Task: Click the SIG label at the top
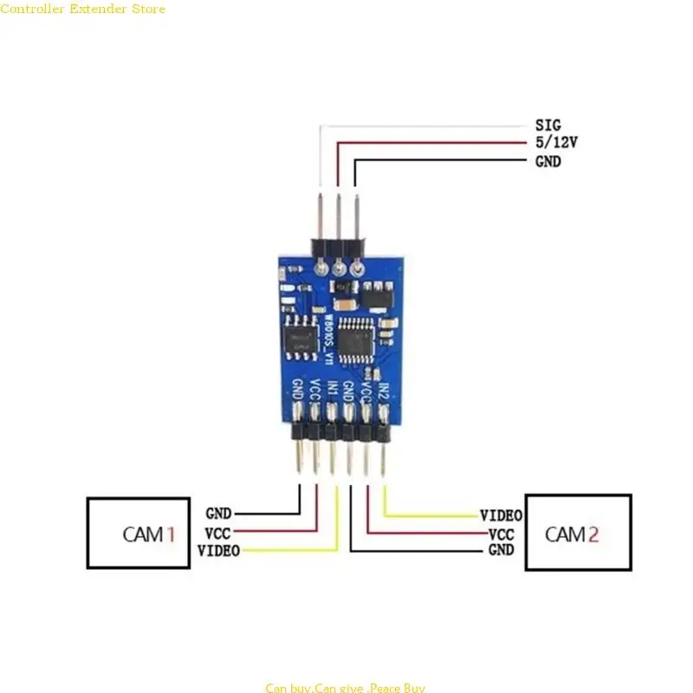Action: click(547, 126)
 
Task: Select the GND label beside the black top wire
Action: click(547, 161)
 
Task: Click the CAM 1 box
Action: click(139, 533)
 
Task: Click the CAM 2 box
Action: click(579, 533)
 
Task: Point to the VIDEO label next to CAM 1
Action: click(218, 551)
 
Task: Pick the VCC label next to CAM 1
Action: click(217, 533)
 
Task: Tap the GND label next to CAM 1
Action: click(218, 514)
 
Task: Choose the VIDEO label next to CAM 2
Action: click(501, 515)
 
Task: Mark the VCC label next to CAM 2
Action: click(502, 534)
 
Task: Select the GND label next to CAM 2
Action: click(502, 550)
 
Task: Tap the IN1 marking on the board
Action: click(332, 392)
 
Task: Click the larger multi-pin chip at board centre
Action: click(356, 337)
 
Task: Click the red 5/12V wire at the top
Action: click(433, 143)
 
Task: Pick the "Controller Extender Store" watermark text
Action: click(82, 9)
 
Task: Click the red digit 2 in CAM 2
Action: click(593, 534)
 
